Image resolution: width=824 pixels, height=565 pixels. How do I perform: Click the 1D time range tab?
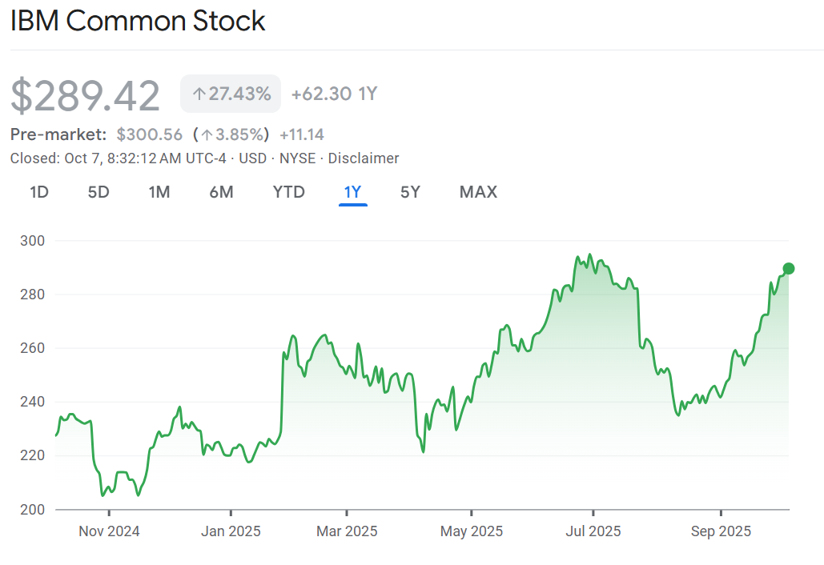(x=39, y=192)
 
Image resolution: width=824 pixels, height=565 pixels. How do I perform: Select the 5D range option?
(x=98, y=192)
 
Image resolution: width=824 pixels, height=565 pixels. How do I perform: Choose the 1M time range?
(x=159, y=192)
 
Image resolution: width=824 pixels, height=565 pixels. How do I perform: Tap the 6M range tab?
(x=221, y=192)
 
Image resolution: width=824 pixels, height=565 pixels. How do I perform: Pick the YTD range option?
(x=288, y=192)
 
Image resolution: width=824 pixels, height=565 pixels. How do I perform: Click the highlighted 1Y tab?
(x=352, y=192)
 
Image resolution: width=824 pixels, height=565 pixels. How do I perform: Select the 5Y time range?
(x=410, y=192)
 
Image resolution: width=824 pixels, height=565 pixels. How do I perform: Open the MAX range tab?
(x=478, y=192)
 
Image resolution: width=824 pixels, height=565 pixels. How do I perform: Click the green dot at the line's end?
(x=789, y=268)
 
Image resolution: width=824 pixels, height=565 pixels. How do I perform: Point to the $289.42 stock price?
(x=86, y=96)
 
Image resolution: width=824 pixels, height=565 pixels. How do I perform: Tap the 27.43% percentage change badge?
(x=231, y=94)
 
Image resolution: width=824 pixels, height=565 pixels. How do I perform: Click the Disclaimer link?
(x=364, y=158)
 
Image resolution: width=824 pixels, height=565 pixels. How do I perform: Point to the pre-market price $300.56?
(x=150, y=134)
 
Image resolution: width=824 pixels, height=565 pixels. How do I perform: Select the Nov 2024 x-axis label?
(x=109, y=531)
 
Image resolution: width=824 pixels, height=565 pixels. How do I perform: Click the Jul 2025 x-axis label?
(x=593, y=531)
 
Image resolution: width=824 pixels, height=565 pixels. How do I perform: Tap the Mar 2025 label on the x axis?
(x=347, y=531)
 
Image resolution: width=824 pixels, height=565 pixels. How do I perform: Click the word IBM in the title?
(x=35, y=22)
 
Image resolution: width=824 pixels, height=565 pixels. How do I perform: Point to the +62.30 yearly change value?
(x=322, y=94)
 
